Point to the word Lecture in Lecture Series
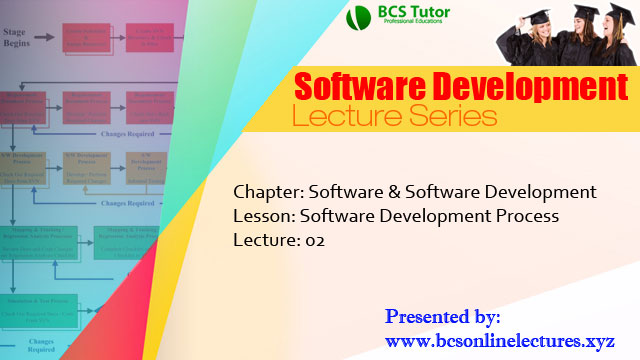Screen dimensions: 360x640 coord(336,117)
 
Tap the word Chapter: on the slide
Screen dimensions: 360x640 coord(268,191)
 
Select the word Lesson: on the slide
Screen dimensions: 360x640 coord(264,215)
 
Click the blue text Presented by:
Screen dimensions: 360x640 coord(442,317)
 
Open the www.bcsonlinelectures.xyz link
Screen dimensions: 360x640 coord(500,340)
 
